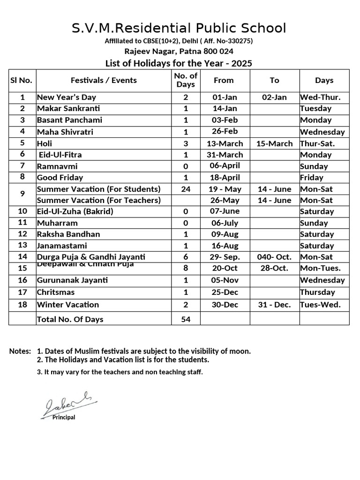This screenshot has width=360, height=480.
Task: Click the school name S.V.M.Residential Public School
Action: click(x=179, y=28)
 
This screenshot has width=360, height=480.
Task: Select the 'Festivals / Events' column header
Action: click(x=104, y=81)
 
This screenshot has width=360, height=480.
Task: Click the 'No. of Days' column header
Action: click(x=186, y=81)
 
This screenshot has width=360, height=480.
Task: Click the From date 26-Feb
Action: click(x=225, y=132)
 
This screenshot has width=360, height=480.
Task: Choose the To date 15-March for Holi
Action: click(x=274, y=143)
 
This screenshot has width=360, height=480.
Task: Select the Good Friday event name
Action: click(x=60, y=178)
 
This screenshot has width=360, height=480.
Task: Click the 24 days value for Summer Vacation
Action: click(x=186, y=189)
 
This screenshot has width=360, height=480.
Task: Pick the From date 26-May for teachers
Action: click(x=225, y=201)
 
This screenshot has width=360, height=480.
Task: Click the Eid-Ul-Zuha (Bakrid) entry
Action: click(x=75, y=211)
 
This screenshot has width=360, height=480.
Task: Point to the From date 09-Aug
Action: click(x=225, y=234)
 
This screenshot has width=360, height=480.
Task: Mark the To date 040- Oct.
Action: click(x=274, y=257)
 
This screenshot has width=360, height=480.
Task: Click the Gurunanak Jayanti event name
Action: click(x=72, y=280)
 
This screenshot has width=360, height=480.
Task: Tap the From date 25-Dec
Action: click(x=225, y=292)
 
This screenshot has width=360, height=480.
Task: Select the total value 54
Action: click(x=186, y=319)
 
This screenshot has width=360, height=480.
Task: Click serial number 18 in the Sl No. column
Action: click(x=22, y=305)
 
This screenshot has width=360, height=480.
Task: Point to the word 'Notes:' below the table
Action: click(x=20, y=351)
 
